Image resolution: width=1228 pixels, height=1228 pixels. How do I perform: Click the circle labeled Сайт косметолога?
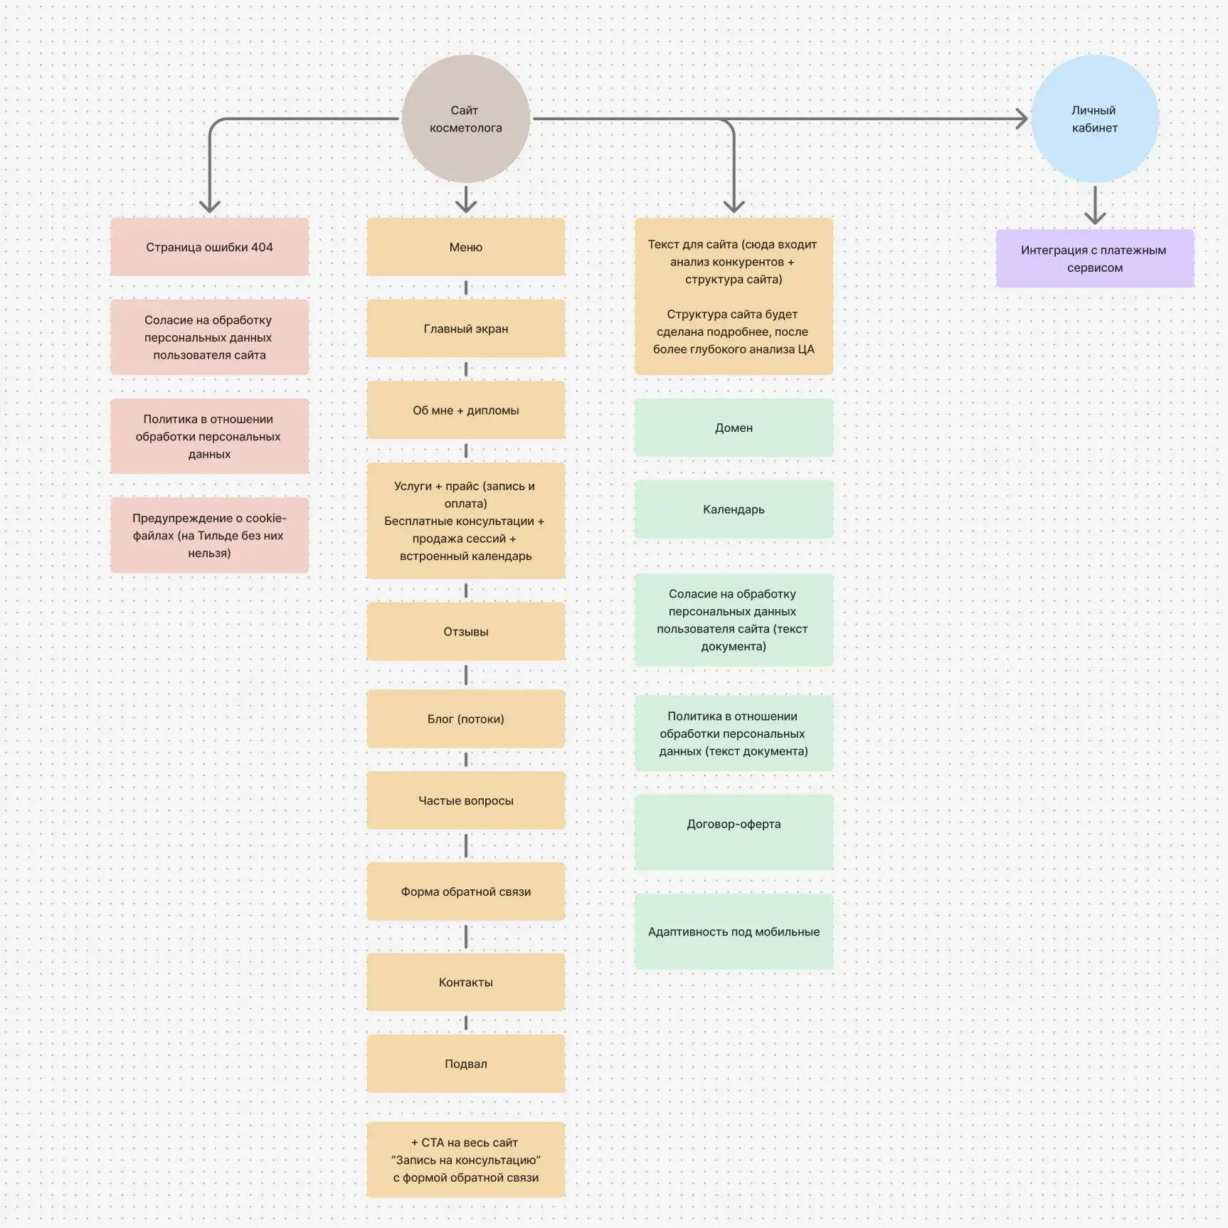(466, 119)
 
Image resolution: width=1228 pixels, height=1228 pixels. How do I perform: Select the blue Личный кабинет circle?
(1095, 119)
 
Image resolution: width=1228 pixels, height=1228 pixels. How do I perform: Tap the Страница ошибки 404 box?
(209, 247)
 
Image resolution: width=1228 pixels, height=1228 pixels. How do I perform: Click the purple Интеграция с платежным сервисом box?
(1095, 258)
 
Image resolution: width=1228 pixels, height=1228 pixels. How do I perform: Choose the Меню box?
(466, 247)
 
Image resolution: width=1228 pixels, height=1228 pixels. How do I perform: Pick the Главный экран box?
(466, 329)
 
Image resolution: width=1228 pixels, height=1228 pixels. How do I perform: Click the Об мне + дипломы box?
(466, 410)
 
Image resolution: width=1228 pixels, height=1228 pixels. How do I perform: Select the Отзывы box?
(466, 631)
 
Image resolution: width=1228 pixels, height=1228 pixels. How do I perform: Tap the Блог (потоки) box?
(466, 719)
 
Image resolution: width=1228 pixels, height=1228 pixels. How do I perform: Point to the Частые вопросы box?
(466, 800)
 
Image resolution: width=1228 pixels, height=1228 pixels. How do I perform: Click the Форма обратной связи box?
(466, 891)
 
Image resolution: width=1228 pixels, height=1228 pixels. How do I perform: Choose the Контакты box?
(466, 982)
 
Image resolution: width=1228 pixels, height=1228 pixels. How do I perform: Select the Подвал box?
(466, 1064)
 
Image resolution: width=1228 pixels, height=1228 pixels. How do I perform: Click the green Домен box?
(734, 428)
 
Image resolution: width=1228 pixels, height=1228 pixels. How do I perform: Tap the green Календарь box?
(734, 509)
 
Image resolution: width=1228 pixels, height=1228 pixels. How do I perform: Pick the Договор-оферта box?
(734, 832)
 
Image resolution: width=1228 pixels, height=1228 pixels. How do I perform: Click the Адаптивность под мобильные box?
(734, 931)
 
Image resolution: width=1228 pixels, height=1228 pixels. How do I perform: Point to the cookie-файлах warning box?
(209, 535)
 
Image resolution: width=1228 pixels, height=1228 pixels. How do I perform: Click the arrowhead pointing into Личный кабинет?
(1022, 119)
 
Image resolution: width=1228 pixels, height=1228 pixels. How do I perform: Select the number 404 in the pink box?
(262, 247)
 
